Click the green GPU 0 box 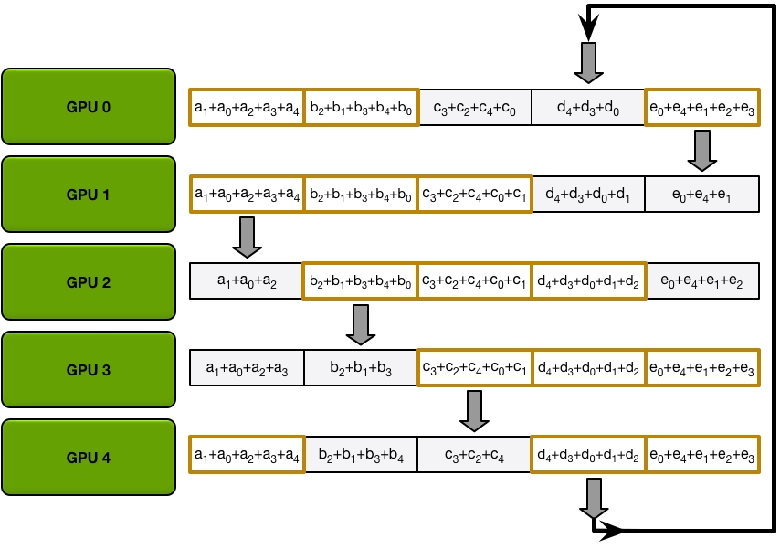point(89,106)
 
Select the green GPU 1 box point(89,194)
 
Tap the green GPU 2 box point(89,281)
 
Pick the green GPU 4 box point(89,457)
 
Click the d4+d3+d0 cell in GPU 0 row point(588,107)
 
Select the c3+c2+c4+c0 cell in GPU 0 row point(475,107)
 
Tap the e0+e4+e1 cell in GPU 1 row point(701,194)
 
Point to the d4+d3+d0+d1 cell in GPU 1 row point(588,194)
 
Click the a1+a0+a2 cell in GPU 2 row point(247,281)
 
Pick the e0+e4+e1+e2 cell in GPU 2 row point(701,281)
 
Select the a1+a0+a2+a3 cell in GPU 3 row point(247,368)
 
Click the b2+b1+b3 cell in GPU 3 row point(361,368)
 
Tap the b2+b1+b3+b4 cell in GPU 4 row point(361,455)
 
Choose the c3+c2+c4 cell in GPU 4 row point(475,455)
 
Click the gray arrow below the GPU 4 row point(588,499)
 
